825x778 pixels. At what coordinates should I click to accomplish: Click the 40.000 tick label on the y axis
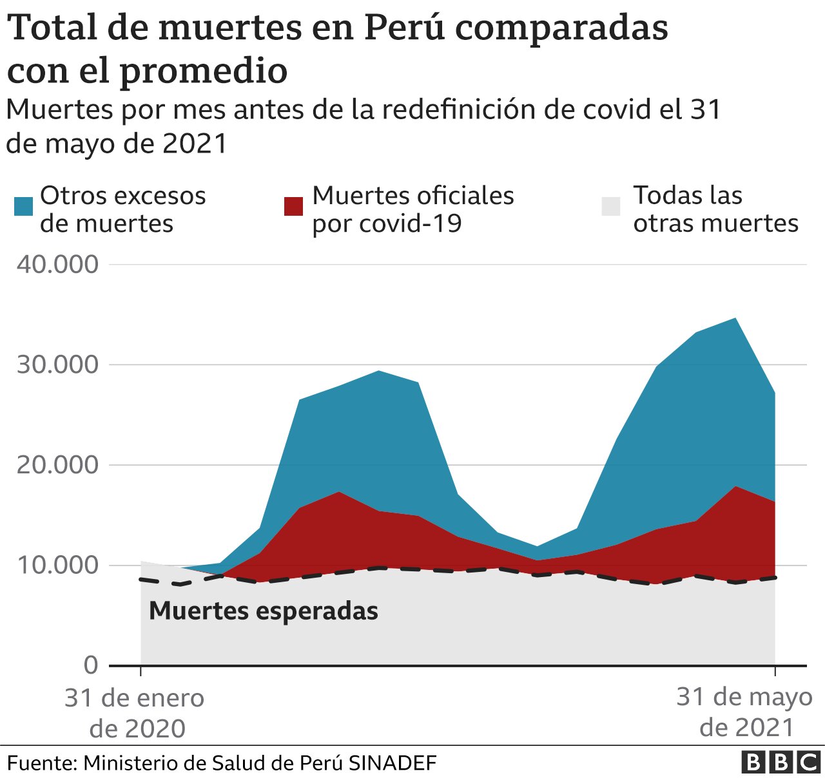point(57,264)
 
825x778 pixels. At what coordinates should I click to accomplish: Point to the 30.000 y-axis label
point(57,365)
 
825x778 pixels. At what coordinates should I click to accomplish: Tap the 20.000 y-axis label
point(57,464)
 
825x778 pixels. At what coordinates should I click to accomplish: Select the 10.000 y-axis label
point(57,565)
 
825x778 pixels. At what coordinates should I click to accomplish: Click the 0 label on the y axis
point(91,665)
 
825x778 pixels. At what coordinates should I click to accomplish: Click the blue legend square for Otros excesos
point(23,207)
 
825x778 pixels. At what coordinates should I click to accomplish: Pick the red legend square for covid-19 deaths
point(293,207)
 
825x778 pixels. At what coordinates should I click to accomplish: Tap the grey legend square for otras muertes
point(611,207)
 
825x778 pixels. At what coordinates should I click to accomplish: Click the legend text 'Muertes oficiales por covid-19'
point(412,209)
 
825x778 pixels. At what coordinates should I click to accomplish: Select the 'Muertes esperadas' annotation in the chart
point(263,611)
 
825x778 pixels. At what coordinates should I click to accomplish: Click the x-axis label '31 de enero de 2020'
point(135,713)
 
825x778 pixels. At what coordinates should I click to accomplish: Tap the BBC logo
point(781,763)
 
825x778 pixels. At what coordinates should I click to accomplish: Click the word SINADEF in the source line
point(393,763)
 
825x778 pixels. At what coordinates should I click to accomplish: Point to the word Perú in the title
point(404,28)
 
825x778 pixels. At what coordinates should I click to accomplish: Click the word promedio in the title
point(203,70)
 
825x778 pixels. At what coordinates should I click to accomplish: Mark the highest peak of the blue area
point(735,319)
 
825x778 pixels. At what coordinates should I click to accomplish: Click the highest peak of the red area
point(735,487)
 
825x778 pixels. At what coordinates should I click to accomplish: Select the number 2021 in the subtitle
point(195,143)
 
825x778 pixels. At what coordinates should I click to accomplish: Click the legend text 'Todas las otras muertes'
point(715,209)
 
